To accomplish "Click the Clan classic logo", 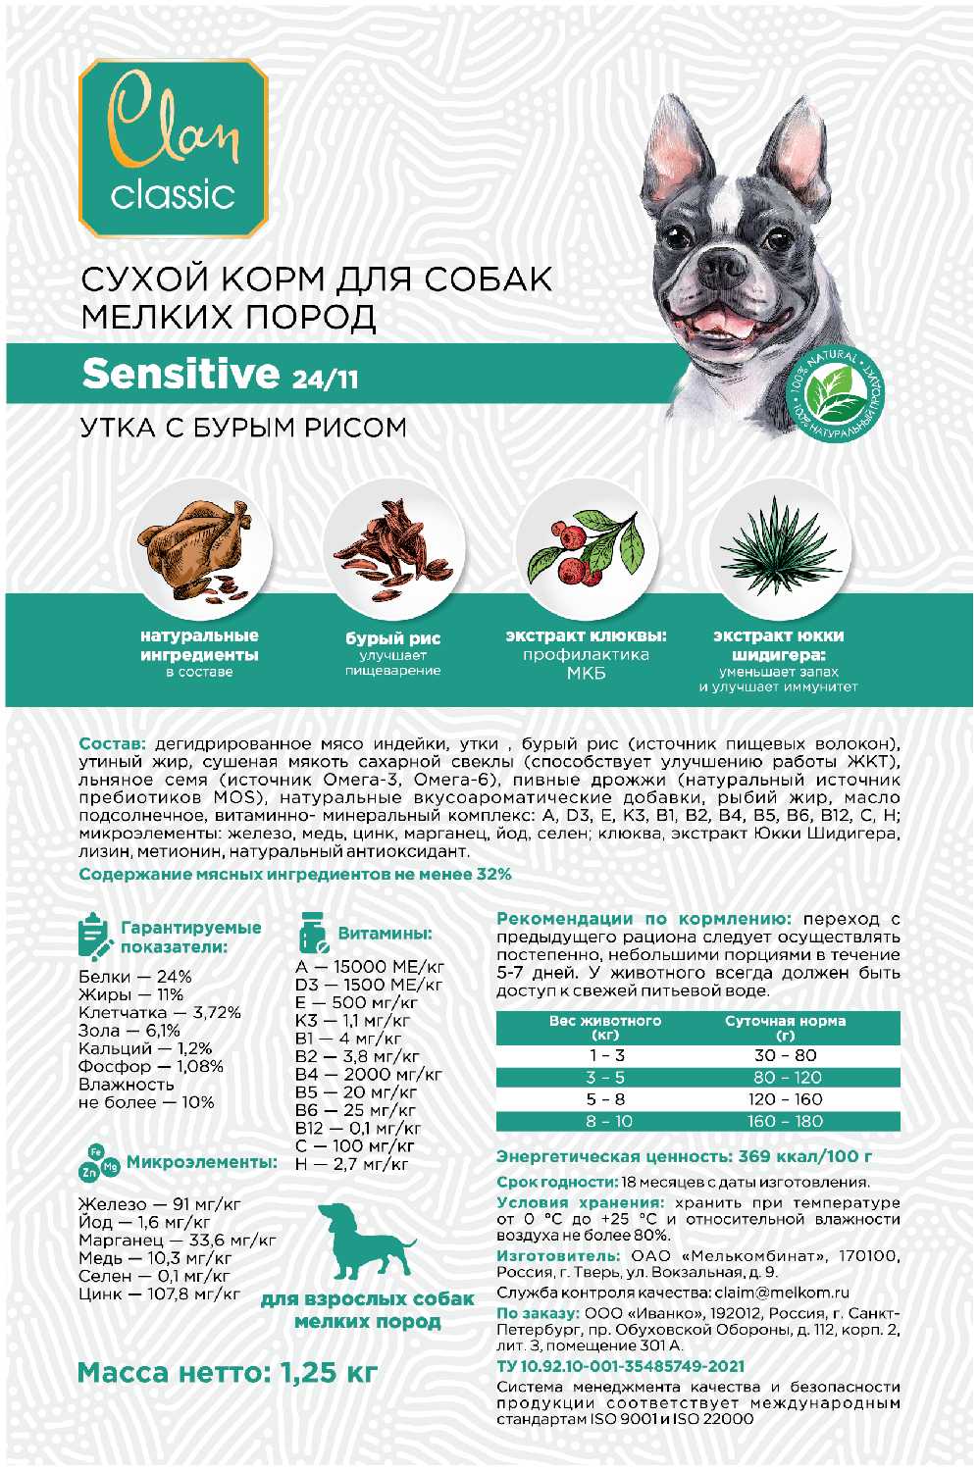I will click(173, 148).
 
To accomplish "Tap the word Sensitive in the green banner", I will click(181, 374).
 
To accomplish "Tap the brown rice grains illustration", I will click(392, 549).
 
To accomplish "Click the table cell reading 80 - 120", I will click(785, 1078).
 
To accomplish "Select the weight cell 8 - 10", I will click(608, 1121).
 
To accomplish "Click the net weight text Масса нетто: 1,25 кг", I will click(227, 1372).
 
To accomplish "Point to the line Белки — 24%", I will click(135, 977).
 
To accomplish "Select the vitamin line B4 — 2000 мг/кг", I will click(369, 1074).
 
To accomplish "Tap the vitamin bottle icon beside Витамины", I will click(313, 934).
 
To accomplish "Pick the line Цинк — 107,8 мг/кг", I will click(159, 1294).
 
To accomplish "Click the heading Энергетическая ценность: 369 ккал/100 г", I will click(684, 1157).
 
